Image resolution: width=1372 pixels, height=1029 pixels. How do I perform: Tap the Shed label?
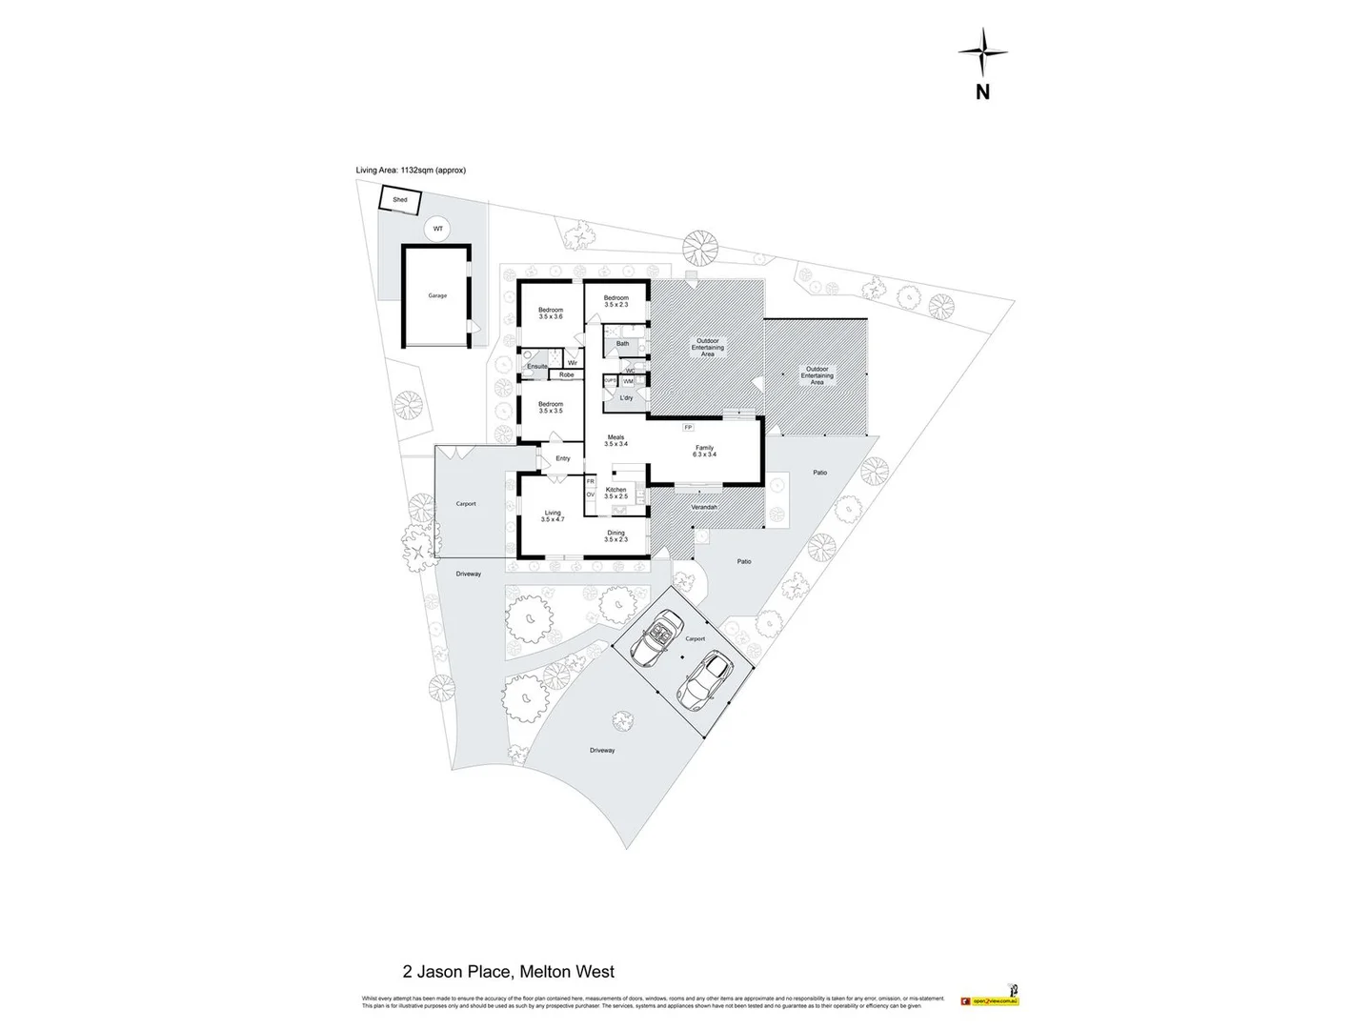coord(400,200)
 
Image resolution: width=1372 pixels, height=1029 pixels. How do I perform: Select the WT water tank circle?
coord(437,229)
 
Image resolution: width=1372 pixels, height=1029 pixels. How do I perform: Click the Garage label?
coord(437,295)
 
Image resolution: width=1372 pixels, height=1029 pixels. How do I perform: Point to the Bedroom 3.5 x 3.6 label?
coord(551,313)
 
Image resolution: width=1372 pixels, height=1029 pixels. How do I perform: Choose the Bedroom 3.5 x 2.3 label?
coord(615,301)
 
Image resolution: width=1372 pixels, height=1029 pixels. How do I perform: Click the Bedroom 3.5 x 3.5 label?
coord(551,407)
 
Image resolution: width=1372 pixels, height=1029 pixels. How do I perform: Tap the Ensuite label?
coord(537,366)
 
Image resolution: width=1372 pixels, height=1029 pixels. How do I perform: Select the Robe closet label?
coord(567,375)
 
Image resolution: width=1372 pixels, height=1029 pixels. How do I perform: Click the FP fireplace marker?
coord(688,427)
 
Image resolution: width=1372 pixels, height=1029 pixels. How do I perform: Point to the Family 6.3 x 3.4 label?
coord(704,451)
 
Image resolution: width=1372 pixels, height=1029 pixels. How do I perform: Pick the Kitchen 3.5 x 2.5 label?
coord(616,493)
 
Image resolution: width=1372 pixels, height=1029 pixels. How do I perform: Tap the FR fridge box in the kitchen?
coord(591,483)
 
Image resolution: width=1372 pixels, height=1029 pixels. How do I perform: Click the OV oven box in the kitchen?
coord(591,494)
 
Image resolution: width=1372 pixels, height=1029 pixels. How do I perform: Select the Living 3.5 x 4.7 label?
coord(553,515)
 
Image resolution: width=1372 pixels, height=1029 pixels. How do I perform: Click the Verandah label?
coord(704,507)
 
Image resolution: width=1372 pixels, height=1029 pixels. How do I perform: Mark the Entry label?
coord(563,458)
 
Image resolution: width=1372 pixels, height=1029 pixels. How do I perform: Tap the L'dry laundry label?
coord(626,397)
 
